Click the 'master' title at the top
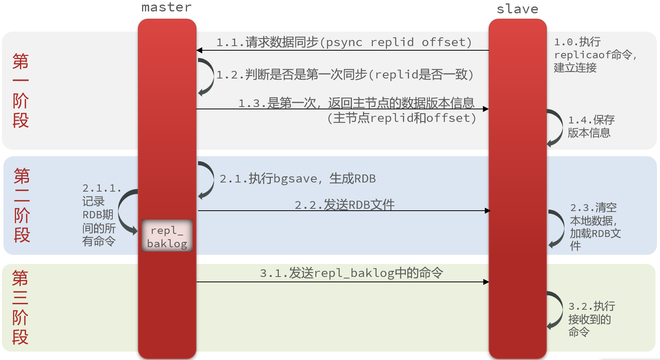pyautogui.click(x=166, y=7)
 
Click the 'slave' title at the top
pyautogui.click(x=517, y=9)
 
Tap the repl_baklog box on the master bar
pyautogui.click(x=167, y=235)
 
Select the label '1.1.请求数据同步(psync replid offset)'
pyautogui.click(x=344, y=42)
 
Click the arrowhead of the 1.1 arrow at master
pyautogui.click(x=200, y=50)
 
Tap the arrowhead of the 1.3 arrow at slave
pyautogui.click(x=486, y=109)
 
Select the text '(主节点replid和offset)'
pyautogui.click(x=401, y=118)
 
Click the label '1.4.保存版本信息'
pyautogui.click(x=591, y=126)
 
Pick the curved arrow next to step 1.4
pyautogui.click(x=556, y=128)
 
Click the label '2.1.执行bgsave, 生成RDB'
pyautogui.click(x=297, y=178)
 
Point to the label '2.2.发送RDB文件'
pyautogui.click(x=344, y=205)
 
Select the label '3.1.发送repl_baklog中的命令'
pyautogui.click(x=351, y=273)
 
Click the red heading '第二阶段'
pyautogui.click(x=22, y=205)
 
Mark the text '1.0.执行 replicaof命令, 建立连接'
pyautogui.click(x=594, y=55)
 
